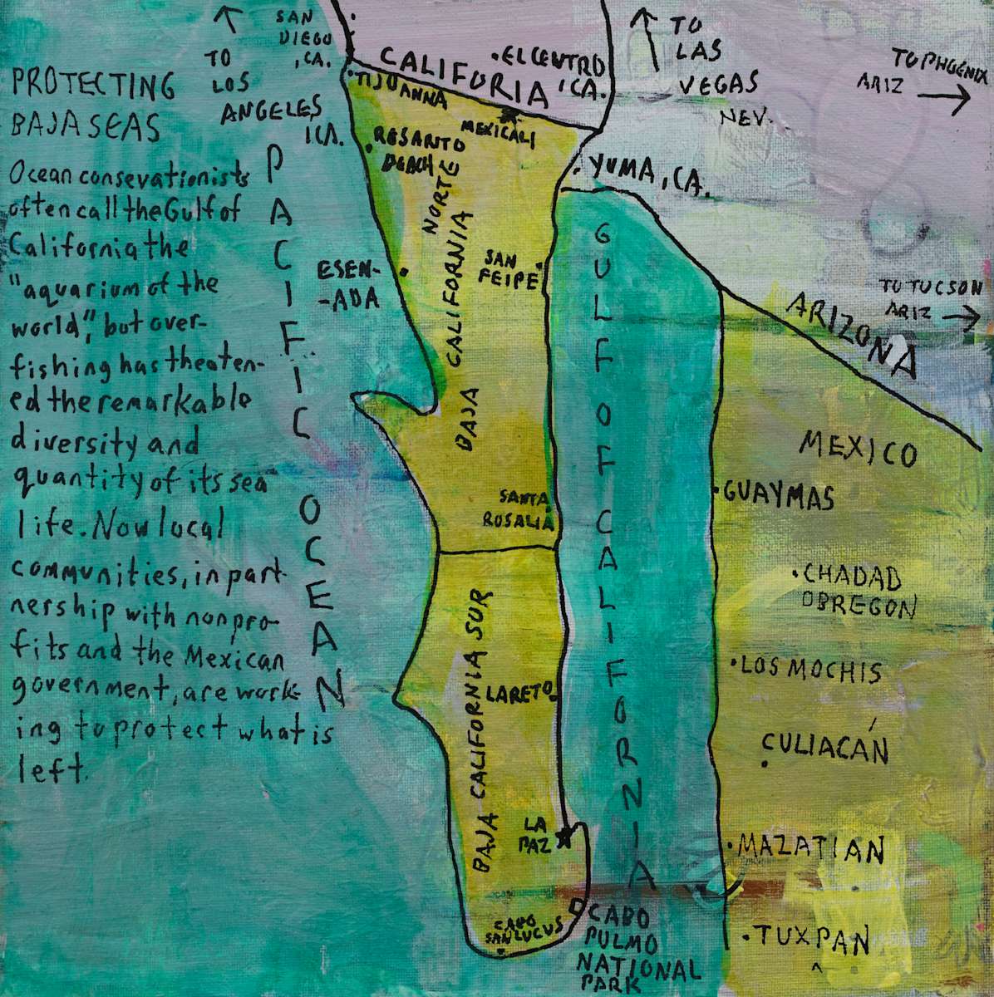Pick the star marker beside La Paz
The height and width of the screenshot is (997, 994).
(565, 838)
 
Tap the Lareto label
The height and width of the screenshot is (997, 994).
(519, 690)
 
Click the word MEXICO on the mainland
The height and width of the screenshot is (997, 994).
(858, 449)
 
